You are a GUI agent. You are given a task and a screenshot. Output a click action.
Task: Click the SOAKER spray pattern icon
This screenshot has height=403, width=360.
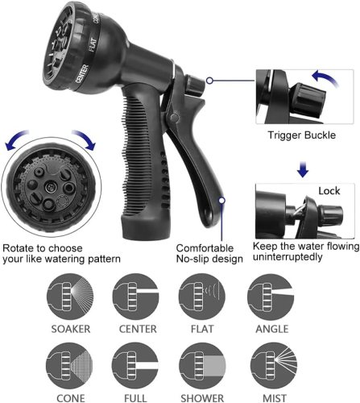(70, 297)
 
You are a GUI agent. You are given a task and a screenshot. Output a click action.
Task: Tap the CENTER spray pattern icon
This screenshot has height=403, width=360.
(136, 297)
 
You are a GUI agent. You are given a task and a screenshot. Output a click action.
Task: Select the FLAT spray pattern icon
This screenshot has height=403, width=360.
(202, 297)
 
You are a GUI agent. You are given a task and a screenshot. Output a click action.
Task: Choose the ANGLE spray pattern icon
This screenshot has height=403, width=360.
(271, 297)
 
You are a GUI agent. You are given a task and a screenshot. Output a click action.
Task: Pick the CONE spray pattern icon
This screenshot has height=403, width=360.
(69, 366)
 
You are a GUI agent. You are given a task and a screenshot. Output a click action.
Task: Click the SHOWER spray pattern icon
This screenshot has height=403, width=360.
(202, 366)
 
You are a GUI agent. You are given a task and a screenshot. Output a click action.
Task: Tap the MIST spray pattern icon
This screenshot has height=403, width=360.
(274, 366)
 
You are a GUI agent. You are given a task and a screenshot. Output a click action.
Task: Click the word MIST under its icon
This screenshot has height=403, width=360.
(275, 398)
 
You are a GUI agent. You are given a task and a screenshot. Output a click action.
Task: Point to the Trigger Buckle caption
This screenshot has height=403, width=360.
(302, 135)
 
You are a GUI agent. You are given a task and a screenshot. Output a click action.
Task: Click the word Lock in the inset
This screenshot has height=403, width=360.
(329, 191)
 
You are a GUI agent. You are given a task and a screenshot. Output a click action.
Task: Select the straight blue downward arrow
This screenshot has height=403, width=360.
(303, 169)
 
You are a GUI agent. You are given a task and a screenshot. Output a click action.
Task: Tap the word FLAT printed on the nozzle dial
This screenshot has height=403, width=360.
(93, 44)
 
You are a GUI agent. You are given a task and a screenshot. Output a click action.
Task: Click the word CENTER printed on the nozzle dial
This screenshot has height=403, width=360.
(82, 73)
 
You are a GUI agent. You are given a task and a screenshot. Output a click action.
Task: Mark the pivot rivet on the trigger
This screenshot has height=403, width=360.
(175, 117)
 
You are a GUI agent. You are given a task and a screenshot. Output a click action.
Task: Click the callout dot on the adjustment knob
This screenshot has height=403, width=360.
(210, 80)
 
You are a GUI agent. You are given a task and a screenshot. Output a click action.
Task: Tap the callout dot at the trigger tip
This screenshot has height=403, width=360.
(221, 200)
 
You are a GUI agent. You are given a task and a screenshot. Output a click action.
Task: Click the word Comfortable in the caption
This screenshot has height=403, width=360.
(205, 247)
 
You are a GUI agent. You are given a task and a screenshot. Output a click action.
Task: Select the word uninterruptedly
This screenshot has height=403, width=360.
(288, 257)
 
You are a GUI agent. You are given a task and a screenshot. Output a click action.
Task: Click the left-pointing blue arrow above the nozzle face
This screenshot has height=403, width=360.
(17, 139)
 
